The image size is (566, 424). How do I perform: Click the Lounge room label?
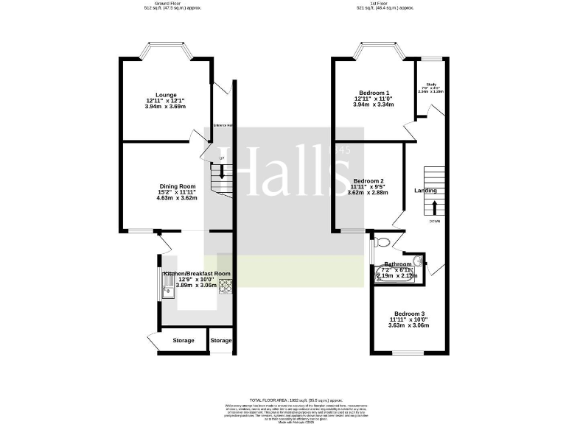pyautogui.click(x=166, y=93)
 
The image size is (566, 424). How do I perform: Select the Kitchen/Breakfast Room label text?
pyautogui.click(x=196, y=273)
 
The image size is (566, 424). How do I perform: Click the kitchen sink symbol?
pyautogui.click(x=167, y=284)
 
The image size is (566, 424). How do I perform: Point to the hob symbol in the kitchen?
pyautogui.click(x=224, y=284)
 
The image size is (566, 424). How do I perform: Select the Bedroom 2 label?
pyautogui.click(x=368, y=180)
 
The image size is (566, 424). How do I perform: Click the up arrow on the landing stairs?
pyautogui.click(x=434, y=207)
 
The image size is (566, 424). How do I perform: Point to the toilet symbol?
pyautogui.click(x=381, y=241)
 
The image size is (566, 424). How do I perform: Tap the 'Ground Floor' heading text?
pyautogui.click(x=170, y=3)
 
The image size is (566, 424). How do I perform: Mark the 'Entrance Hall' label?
pyautogui.click(x=223, y=126)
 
